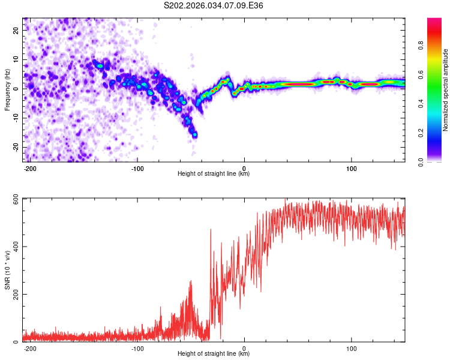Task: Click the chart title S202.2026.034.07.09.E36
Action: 214,5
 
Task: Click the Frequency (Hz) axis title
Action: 7,89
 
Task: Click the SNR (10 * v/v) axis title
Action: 7,269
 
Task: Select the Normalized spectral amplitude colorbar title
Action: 445,90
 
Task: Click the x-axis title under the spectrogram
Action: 214,174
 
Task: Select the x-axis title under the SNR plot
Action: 214,354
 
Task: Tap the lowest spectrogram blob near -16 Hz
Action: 194,135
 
